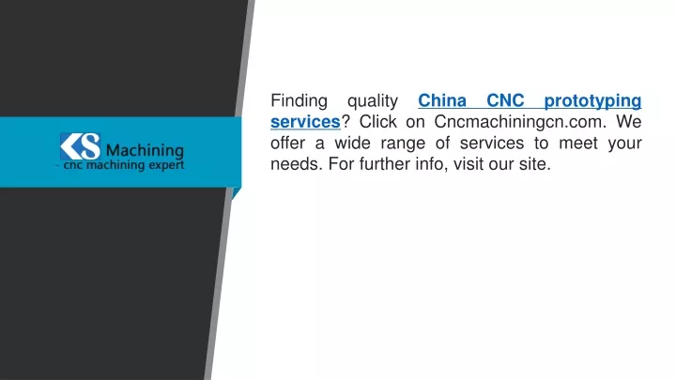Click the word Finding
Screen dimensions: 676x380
299,101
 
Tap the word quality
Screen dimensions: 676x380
373,101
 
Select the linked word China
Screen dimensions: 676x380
442,100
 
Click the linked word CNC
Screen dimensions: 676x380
505,100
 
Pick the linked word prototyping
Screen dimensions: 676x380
592,101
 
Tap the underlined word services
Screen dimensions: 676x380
305,122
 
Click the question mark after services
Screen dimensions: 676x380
346,121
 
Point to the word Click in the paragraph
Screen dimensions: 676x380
378,121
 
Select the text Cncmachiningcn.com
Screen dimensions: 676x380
520,122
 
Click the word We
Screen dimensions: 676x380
629,121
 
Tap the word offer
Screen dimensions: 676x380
287,143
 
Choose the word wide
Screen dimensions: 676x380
352,143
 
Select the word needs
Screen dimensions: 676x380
297,163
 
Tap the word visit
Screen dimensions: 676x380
469,163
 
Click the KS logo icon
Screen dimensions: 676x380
80,146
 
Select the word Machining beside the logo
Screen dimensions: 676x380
145,151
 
